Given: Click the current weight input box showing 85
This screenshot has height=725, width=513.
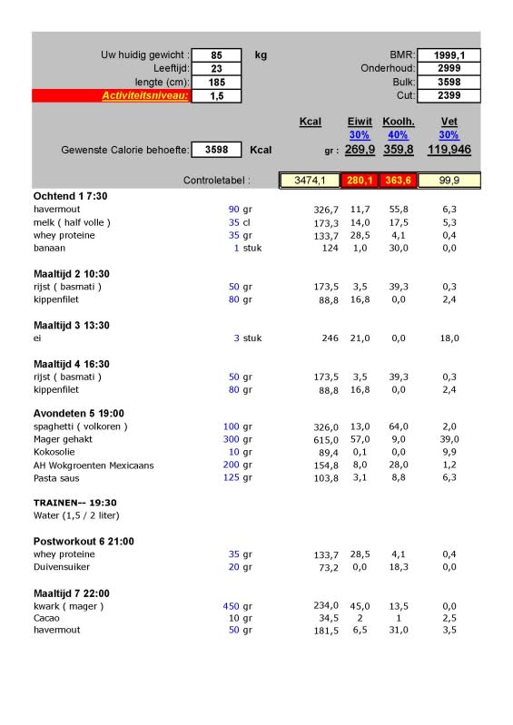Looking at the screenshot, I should (x=216, y=55).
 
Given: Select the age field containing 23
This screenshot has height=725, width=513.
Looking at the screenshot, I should (x=216, y=68).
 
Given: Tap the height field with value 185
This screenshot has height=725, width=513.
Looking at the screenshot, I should (x=216, y=82).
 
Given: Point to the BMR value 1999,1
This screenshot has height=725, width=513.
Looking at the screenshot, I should (x=449, y=55).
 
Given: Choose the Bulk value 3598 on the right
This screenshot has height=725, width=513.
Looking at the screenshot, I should (x=449, y=82).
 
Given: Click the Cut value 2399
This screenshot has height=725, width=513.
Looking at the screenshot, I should (x=449, y=95).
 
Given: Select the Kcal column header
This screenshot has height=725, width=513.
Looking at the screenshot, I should (x=310, y=122).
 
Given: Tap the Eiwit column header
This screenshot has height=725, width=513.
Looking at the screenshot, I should (x=360, y=122).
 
